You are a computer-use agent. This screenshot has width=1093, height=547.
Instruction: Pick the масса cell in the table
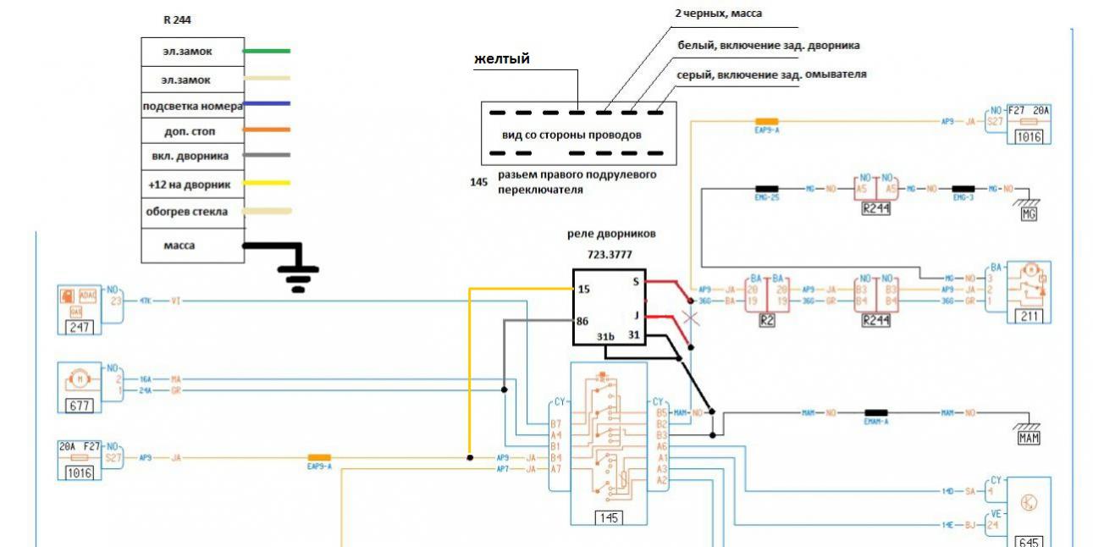pyautogui.click(x=192, y=245)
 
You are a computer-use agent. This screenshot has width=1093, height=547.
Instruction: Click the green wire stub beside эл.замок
pyautogui.click(x=267, y=52)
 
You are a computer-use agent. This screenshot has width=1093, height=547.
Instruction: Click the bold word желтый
pyautogui.click(x=502, y=59)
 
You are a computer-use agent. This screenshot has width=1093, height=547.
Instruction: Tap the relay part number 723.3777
pyautogui.click(x=611, y=253)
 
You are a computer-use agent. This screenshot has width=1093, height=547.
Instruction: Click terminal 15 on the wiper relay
pyautogui.click(x=583, y=290)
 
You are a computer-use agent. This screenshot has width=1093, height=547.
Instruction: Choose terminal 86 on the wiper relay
pyautogui.click(x=583, y=322)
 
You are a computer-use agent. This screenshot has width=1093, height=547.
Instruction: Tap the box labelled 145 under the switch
pyautogui.click(x=609, y=518)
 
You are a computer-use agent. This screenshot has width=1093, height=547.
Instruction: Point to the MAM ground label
pyautogui.click(x=1028, y=439)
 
